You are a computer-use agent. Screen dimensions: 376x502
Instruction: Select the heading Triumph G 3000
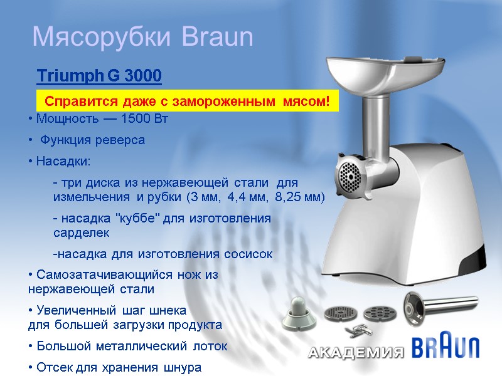[99, 76]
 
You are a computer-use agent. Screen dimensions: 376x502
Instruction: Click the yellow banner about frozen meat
[187, 101]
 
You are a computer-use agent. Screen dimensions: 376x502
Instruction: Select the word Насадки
[62, 162]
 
